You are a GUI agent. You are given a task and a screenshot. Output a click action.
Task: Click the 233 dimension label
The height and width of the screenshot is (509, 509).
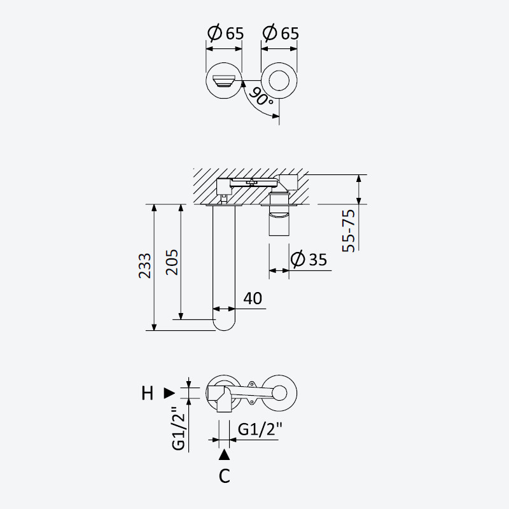pos(145,265)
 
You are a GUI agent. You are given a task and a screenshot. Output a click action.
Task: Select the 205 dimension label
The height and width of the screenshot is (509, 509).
pos(172,262)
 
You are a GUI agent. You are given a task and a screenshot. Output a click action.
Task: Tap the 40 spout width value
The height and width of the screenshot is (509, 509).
pos(253,298)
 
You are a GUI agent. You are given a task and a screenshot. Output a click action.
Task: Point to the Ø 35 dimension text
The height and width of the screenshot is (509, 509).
pos(309,259)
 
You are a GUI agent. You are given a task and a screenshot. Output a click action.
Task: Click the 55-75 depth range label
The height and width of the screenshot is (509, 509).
pos(349,230)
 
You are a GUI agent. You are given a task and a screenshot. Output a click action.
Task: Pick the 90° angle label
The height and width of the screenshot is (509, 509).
pos(261,97)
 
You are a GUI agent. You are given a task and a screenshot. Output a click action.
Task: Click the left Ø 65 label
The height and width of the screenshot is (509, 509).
pos(225,33)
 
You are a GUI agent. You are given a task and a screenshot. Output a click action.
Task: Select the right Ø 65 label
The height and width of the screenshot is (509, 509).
pos(281,33)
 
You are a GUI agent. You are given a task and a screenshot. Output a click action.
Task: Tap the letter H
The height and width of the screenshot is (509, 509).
pos(148,393)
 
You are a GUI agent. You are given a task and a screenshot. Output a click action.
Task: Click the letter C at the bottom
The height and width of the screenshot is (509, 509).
pos(225,476)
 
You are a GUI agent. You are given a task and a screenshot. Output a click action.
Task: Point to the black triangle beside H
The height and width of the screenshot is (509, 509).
pos(169,393)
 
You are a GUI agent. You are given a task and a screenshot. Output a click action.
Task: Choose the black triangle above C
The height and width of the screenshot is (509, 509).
pos(225,455)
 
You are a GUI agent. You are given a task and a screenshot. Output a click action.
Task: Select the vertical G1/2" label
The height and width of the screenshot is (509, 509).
pos(179,428)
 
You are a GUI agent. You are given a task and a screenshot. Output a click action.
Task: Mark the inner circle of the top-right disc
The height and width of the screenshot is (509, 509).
pos(279,80)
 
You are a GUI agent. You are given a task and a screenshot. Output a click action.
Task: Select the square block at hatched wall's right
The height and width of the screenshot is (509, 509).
pos(289,182)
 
